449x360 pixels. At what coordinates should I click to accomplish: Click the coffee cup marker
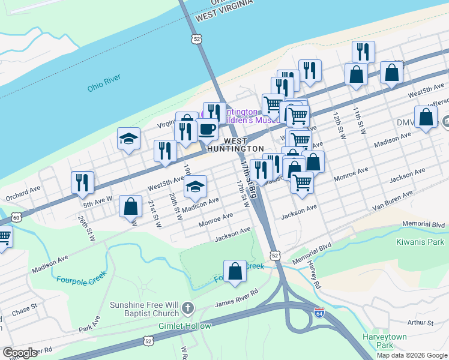click(207, 128)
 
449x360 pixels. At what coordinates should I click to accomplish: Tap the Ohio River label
click(104, 82)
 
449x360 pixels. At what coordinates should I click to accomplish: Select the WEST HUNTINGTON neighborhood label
click(235, 144)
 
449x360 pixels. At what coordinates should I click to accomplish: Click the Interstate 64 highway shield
click(319, 313)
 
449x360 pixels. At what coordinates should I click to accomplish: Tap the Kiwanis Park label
click(420, 242)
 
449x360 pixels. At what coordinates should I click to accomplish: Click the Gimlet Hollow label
click(185, 326)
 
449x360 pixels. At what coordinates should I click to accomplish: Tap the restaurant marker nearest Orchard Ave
click(82, 182)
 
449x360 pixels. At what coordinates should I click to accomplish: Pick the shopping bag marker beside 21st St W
click(130, 207)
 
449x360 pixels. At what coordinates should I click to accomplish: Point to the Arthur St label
click(420, 323)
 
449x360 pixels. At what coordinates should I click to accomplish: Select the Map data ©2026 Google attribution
click(411, 355)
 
